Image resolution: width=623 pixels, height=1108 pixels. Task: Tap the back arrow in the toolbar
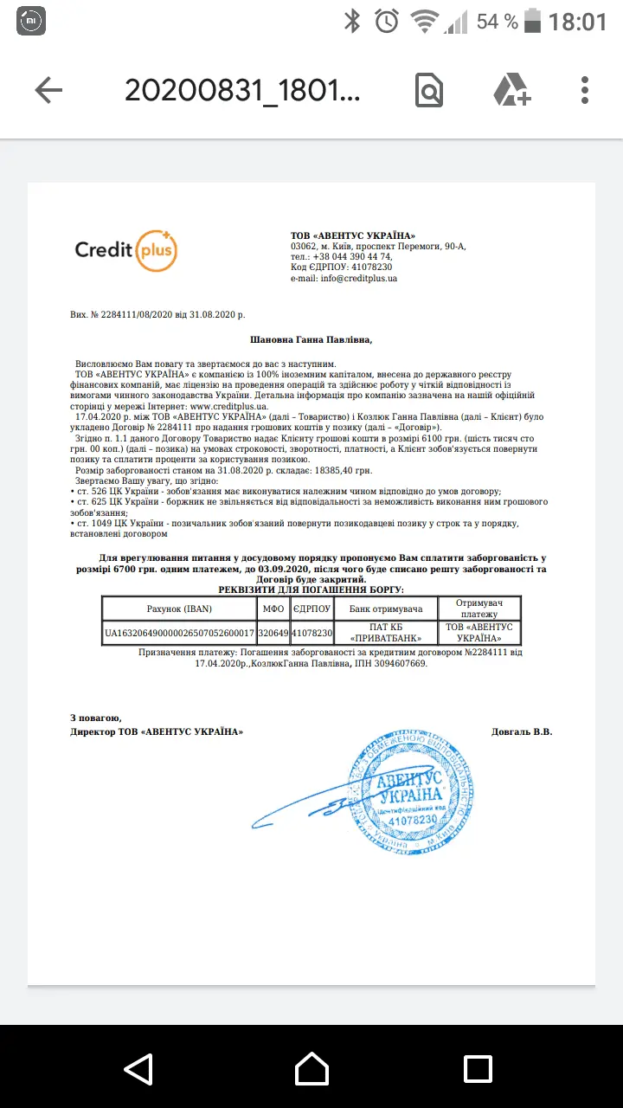[48, 90]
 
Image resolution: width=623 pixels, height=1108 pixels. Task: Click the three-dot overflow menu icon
[585, 90]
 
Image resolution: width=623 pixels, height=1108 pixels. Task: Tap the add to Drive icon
[511, 90]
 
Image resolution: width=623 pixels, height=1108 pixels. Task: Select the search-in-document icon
[429, 90]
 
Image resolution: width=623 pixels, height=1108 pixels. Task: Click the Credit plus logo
[126, 251]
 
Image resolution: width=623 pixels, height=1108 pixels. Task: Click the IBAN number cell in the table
[179, 633]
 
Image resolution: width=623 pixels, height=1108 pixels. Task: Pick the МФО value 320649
[273, 633]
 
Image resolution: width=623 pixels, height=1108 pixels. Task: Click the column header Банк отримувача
[385, 609]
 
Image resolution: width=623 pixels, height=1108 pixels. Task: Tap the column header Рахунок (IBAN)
[179, 609]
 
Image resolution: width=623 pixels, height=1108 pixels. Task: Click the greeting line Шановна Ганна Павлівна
[311, 340]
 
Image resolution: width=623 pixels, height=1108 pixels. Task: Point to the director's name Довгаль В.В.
[521, 731]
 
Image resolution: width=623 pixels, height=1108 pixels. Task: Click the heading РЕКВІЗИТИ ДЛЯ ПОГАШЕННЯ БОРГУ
[311, 589]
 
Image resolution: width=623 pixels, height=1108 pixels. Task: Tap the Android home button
[311, 1066]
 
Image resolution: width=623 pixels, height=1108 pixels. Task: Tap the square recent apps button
[478, 1066]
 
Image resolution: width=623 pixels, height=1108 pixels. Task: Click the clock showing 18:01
[577, 22]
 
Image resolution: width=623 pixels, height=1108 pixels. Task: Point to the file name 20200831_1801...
[242, 90]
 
